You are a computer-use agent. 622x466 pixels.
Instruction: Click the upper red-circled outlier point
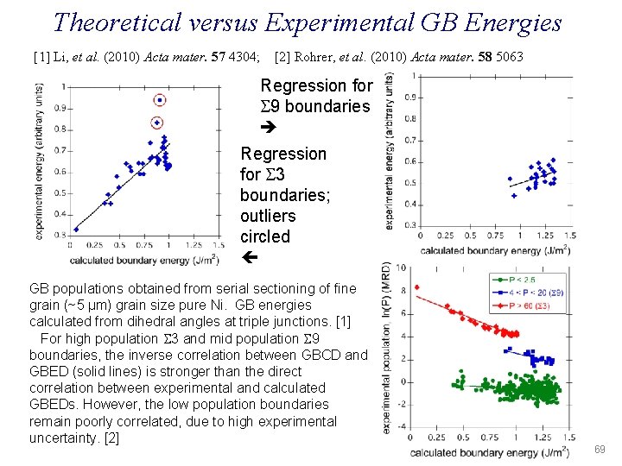click(157, 101)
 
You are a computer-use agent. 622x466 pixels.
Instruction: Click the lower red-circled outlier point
click(157, 123)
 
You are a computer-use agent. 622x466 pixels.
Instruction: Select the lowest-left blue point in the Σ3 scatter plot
click(76, 229)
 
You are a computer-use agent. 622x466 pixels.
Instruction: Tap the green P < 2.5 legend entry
click(517, 280)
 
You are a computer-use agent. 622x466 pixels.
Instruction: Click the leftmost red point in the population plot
click(417, 287)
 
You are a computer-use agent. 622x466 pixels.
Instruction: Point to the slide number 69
click(600, 450)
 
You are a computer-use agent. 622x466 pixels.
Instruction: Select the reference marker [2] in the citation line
click(282, 57)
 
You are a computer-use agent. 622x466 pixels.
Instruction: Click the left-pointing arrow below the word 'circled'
click(246, 257)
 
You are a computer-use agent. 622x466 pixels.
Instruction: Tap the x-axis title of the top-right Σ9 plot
click(495, 251)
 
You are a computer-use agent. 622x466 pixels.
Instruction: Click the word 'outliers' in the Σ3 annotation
click(268, 216)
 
